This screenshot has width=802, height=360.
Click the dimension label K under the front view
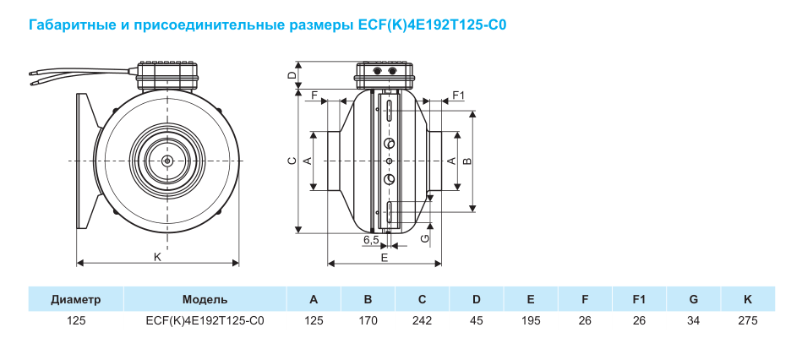(x=157, y=258)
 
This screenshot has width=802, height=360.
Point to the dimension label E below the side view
(x=385, y=258)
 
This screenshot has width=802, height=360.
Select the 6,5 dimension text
(x=371, y=240)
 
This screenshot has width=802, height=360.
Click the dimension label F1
(x=458, y=95)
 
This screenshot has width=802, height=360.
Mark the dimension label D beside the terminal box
(x=292, y=74)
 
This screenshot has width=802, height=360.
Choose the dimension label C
(x=292, y=161)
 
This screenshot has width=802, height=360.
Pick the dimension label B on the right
(x=467, y=161)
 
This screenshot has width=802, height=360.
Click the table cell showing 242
(x=422, y=321)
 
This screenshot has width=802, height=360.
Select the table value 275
(x=748, y=321)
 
